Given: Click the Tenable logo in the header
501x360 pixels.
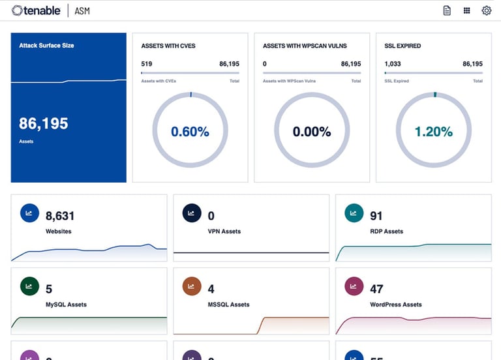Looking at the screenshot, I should pyautogui.click(x=37, y=10).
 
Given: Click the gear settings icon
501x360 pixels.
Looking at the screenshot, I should pyautogui.click(x=486, y=10).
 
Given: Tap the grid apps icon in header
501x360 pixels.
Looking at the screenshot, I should pyautogui.click(x=466, y=10).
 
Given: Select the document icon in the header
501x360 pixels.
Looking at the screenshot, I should pyautogui.click(x=447, y=10).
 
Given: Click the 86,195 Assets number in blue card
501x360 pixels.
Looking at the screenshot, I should pyautogui.click(x=44, y=123).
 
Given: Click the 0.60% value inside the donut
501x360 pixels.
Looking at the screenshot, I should pyautogui.click(x=190, y=132).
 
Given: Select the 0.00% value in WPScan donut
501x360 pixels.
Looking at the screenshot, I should pyautogui.click(x=312, y=132).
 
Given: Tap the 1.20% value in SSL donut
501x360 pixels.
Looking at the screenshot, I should pyautogui.click(x=433, y=132).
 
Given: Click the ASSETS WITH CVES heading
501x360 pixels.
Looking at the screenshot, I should pyautogui.click(x=168, y=46).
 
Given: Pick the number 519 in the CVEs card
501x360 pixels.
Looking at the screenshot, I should pyautogui.click(x=147, y=64).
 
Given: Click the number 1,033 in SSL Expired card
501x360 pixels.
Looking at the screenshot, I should pyautogui.click(x=393, y=64).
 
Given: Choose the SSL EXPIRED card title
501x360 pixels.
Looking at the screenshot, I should pyautogui.click(x=402, y=46).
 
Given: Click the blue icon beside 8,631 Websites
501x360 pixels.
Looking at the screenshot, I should pyautogui.click(x=29, y=213).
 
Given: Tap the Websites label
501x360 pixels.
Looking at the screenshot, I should pyautogui.click(x=58, y=232).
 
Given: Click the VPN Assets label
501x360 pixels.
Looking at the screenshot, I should pyautogui.click(x=224, y=232).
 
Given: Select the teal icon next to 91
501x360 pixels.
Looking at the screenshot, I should pyautogui.click(x=354, y=213).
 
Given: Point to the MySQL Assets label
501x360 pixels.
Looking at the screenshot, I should pyautogui.click(x=66, y=305).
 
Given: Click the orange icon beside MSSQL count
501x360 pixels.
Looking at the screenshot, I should pyautogui.click(x=191, y=286).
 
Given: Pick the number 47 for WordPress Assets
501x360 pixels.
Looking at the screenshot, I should pyautogui.click(x=376, y=289).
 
